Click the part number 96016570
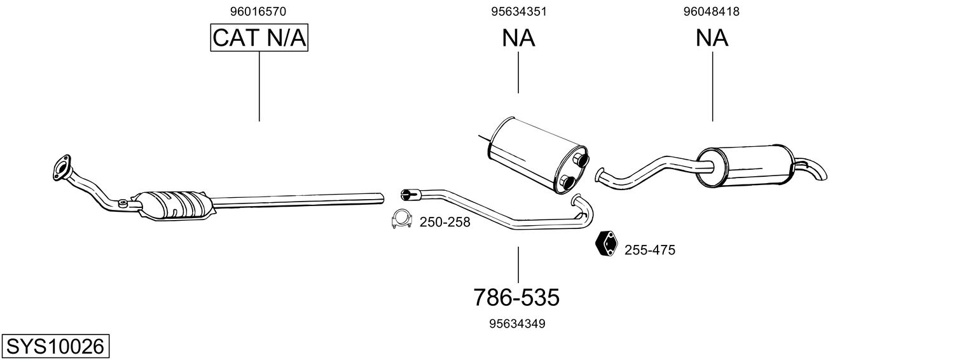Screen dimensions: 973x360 click(258, 11)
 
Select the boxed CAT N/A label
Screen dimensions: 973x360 click(259, 38)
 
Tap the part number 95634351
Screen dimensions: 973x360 click(519, 11)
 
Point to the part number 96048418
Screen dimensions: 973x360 click(712, 11)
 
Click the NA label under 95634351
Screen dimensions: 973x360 click(519, 38)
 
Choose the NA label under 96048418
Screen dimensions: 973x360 click(712, 38)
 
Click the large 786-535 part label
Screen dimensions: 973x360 click(516, 298)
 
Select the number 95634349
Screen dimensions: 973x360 click(517, 324)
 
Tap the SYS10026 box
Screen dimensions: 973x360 click(55, 347)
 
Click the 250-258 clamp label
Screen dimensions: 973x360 click(445, 223)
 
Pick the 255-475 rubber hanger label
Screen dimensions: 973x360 click(650, 250)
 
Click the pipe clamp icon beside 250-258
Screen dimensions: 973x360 click(401, 219)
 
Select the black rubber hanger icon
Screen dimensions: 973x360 click(607, 243)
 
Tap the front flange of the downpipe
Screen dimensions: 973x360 click(61, 167)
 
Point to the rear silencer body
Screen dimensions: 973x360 click(745, 165)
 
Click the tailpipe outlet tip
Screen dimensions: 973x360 click(822, 175)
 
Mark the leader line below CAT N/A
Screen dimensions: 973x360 click(259, 87)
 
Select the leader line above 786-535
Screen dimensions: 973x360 click(518, 265)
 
